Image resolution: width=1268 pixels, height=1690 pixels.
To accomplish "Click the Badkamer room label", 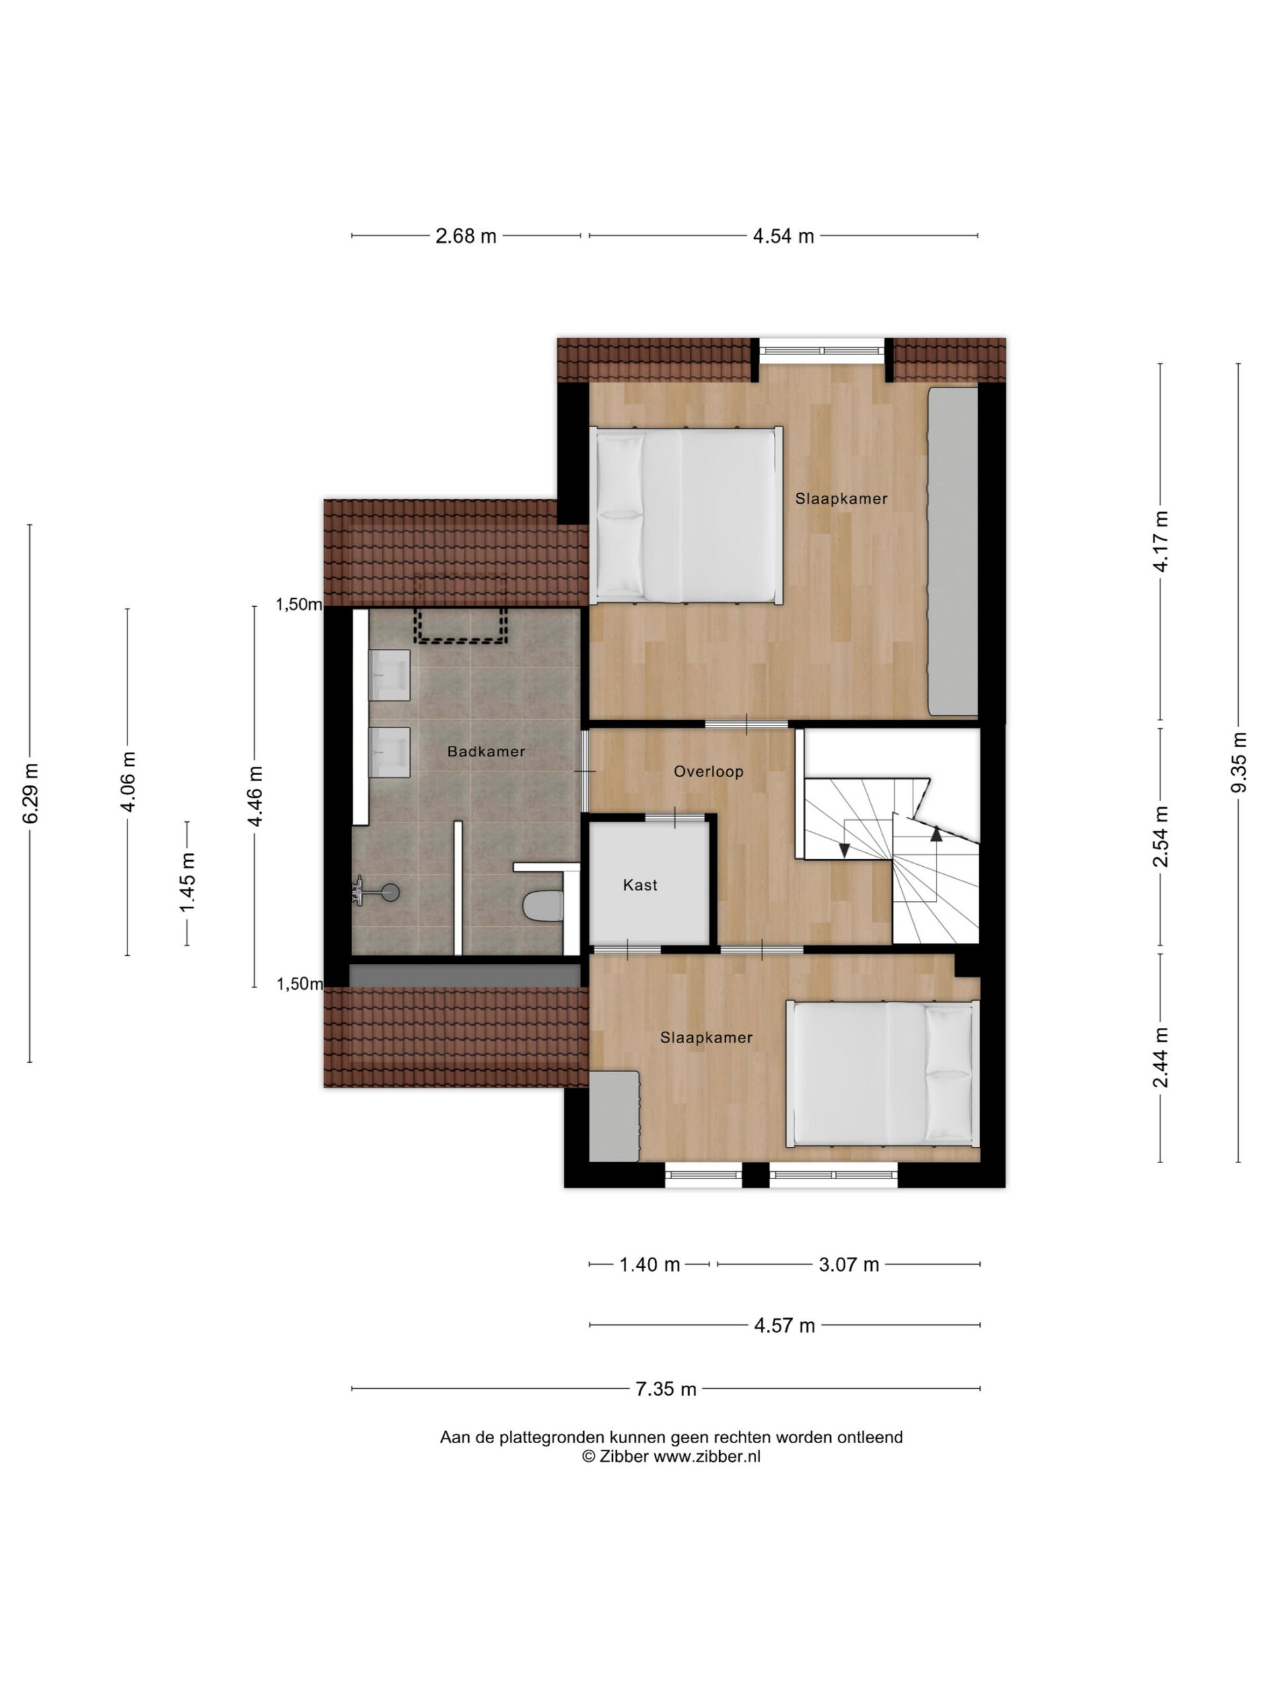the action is [486, 751].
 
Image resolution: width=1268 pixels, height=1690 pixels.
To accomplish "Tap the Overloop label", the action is [709, 772].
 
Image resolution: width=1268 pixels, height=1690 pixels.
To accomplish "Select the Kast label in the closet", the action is [641, 885].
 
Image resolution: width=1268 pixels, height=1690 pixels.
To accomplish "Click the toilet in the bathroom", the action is [543, 906].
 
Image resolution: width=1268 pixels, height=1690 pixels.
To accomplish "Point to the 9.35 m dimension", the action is [1239, 762].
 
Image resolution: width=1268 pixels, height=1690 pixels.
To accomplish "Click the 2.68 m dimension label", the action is [466, 236].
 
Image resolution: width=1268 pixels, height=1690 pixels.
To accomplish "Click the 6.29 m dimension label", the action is [30, 793].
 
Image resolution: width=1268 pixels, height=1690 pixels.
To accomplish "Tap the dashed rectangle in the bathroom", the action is [461, 625].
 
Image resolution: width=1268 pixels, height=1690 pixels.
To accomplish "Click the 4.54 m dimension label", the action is [783, 236].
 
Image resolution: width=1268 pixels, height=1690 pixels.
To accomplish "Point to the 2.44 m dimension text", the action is [1161, 1058].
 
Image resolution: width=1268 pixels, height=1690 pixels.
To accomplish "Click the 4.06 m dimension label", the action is [127, 781].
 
